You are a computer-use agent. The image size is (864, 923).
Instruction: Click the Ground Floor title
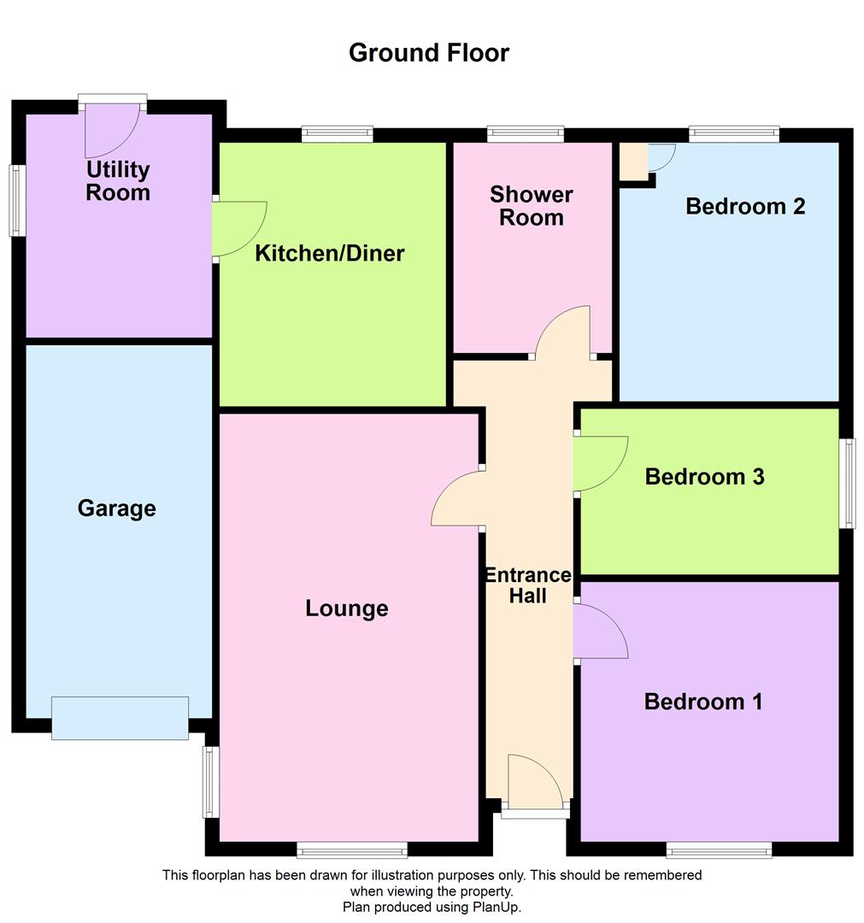(429, 52)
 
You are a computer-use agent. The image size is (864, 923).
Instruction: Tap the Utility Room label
(118, 181)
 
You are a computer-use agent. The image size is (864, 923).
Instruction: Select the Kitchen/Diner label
(330, 253)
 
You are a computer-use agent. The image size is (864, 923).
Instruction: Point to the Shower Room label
(532, 206)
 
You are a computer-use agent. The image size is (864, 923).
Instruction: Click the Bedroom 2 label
(745, 206)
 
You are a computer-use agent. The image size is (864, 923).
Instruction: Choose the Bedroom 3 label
(704, 476)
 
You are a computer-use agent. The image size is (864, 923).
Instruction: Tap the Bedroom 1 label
(703, 702)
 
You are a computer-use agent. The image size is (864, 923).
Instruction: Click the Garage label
(117, 509)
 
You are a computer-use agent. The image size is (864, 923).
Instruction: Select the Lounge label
(347, 608)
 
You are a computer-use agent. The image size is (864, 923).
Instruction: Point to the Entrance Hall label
(528, 585)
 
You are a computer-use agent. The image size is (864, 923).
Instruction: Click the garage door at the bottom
(120, 718)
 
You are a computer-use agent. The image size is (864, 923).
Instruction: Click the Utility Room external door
(112, 128)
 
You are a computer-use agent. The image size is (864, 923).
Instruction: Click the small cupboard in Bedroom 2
(633, 161)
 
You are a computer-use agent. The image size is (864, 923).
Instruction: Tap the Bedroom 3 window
(847, 483)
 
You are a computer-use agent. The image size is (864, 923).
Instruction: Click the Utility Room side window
(16, 200)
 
